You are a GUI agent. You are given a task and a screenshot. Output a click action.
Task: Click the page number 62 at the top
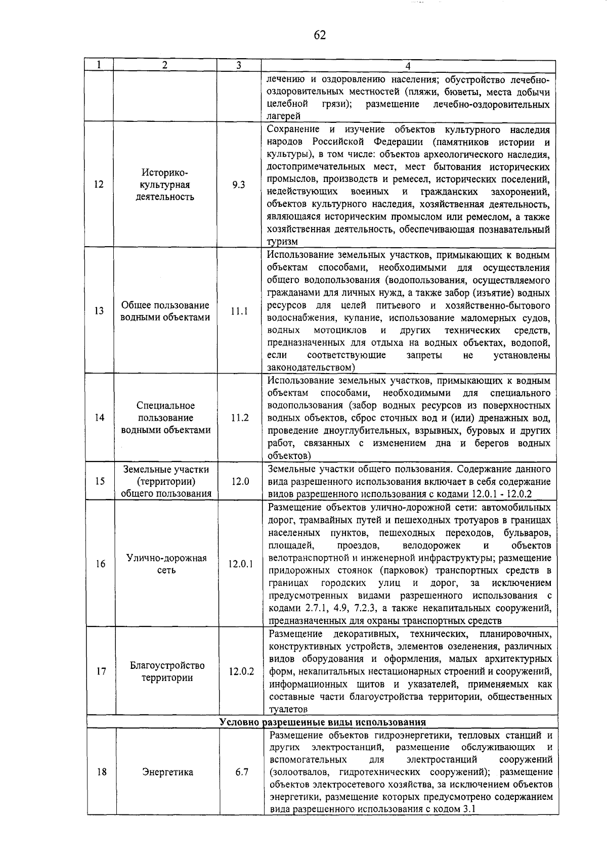click(x=319, y=35)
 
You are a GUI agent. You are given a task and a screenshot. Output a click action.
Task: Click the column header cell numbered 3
click(x=239, y=65)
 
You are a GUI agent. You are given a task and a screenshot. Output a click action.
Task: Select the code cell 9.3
click(x=239, y=185)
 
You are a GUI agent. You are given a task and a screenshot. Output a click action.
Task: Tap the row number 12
click(x=99, y=185)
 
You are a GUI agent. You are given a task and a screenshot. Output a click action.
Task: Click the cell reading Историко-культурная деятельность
click(x=165, y=185)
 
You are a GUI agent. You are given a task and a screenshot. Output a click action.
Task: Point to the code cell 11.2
click(x=239, y=418)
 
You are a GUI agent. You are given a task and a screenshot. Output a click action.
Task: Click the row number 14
click(x=99, y=418)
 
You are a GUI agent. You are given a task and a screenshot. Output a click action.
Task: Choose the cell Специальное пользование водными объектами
click(x=165, y=418)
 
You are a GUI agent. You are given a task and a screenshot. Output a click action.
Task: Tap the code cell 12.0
click(x=240, y=481)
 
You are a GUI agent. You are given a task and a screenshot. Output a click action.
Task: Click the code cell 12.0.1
click(x=240, y=564)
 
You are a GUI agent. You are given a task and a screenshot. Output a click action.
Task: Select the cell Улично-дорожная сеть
click(x=166, y=564)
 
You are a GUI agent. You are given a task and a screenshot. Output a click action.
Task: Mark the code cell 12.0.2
click(x=241, y=671)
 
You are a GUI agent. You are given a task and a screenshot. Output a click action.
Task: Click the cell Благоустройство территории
click(x=167, y=671)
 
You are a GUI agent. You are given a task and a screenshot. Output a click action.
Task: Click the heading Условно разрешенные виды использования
click(x=323, y=722)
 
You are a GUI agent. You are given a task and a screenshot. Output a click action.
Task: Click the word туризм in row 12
click(x=282, y=242)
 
